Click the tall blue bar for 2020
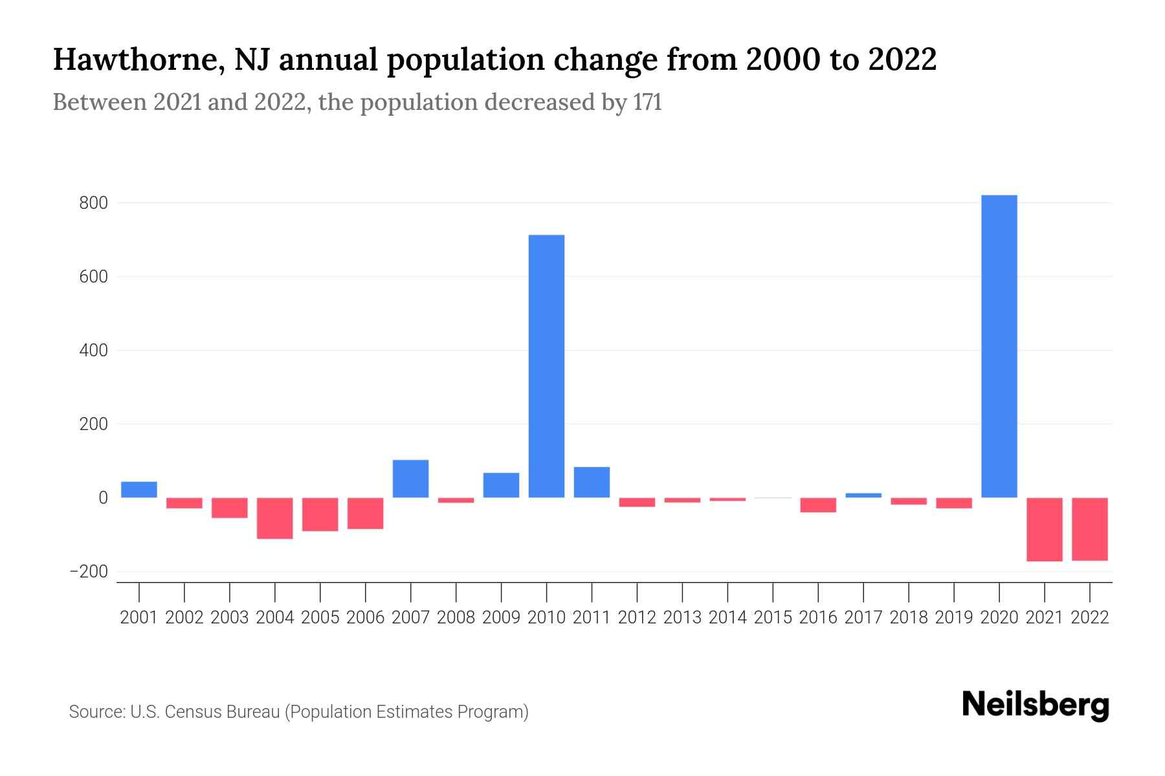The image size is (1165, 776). coord(999,346)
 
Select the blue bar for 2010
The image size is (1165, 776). coord(546,366)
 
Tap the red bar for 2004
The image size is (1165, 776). coord(275,518)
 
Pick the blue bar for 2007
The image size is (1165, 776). coord(410,479)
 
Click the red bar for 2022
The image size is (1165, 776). coord(1089,529)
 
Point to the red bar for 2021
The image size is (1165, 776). coord(1044,529)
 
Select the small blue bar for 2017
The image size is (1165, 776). coord(863,495)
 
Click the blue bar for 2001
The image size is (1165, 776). coord(139,490)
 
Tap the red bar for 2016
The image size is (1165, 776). coord(818,505)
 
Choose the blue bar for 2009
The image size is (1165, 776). coord(501,485)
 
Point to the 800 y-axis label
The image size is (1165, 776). coord(93,203)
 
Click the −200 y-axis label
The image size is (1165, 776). coord(89,572)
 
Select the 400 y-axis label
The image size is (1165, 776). coord(93,350)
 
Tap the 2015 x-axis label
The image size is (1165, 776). coord(773,618)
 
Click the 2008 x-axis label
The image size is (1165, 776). coord(456,618)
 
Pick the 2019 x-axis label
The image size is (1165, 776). coord(954,618)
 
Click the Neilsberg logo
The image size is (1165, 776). coord(1036,705)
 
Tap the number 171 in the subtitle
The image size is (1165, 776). coord(647,102)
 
